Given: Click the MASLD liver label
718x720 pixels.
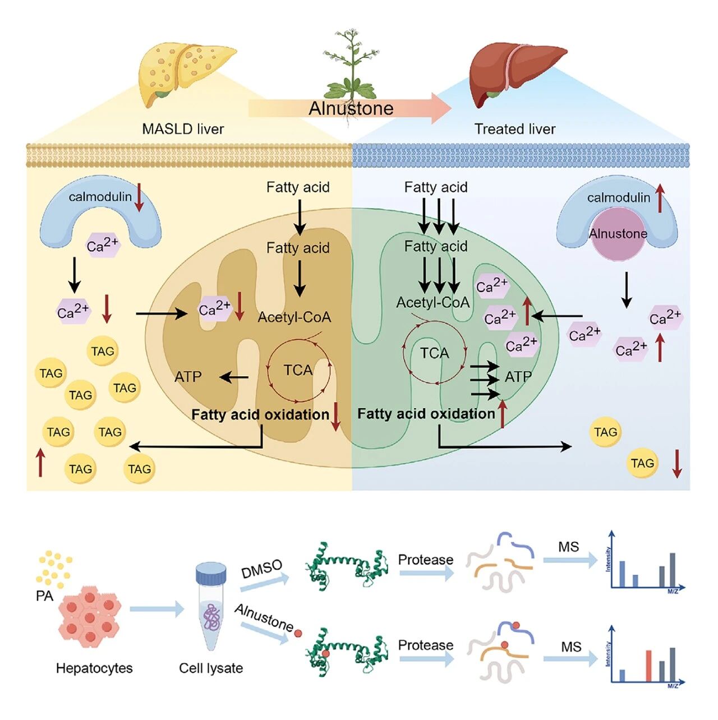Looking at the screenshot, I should (183, 129).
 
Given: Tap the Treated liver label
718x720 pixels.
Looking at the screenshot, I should (514, 129).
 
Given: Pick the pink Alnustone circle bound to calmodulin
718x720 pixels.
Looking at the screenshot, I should (618, 234).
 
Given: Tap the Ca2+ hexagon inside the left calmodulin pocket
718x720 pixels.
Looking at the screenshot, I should (103, 245).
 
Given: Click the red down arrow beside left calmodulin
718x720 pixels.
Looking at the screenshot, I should (139, 197).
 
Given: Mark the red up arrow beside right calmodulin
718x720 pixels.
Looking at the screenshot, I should (660, 199).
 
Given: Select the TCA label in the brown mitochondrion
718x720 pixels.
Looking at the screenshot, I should (298, 370).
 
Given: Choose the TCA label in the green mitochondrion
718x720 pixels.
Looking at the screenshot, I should (435, 353).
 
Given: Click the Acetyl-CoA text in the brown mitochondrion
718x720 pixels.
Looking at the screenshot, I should (294, 317).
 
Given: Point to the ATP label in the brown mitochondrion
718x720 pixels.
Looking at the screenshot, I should (188, 377).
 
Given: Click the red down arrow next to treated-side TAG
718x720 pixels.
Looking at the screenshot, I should (677, 464).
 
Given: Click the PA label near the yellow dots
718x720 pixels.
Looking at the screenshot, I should (44, 596).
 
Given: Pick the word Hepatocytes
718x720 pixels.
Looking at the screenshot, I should (94, 668).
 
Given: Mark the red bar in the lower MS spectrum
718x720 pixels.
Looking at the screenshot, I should (648, 666).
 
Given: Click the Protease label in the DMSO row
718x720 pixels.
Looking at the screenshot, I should (425, 560).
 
